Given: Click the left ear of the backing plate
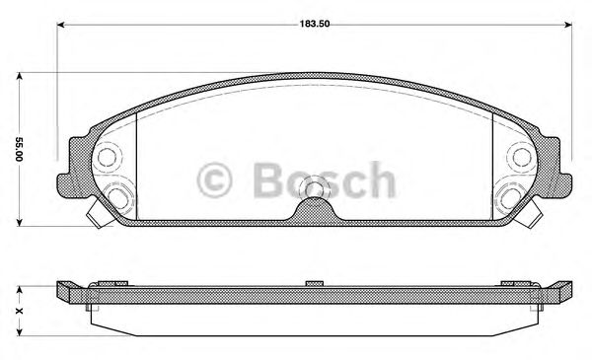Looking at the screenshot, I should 71,163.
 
